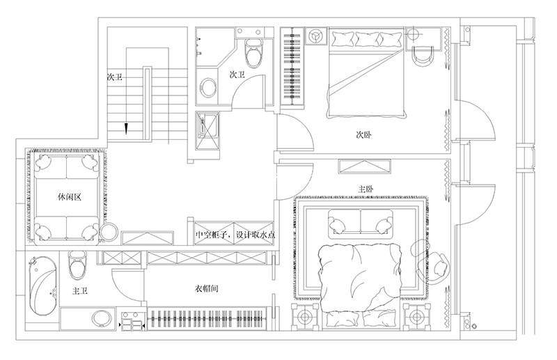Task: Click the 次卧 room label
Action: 363,135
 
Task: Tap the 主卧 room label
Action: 366,189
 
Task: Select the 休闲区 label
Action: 70,197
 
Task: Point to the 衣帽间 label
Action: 206,288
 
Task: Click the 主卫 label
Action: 80,291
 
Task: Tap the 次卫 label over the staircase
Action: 115,77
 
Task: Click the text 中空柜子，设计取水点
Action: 235,235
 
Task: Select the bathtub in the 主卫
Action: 43,285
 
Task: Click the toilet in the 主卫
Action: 77,265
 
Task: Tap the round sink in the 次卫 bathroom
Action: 208,88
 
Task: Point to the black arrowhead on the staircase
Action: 126,129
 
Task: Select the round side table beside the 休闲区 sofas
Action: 109,232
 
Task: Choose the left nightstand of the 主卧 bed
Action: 304,316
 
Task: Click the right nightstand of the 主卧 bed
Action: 416,316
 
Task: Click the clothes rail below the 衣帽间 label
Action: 206,319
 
